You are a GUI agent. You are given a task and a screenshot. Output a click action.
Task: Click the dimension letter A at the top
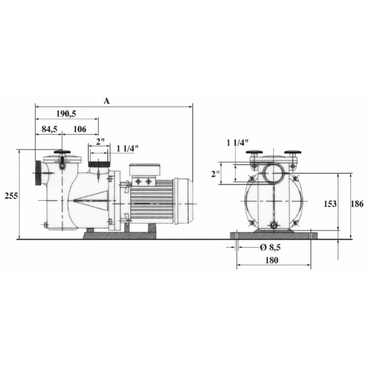pyautogui.click(x=107, y=101)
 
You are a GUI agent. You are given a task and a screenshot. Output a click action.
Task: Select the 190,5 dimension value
pyautogui.click(x=66, y=114)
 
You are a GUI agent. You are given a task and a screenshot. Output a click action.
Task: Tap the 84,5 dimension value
pyautogui.click(x=49, y=129)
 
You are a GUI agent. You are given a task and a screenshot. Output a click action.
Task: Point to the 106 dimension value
pyautogui.click(x=80, y=129)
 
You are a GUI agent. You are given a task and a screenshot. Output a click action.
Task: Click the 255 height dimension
pyautogui.click(x=11, y=196)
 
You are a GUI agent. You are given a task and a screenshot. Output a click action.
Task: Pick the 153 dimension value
pyautogui.click(x=330, y=204)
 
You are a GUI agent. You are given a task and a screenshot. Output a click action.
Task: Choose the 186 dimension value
pyautogui.click(x=357, y=204)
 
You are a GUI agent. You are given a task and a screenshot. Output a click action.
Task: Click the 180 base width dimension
pyautogui.click(x=272, y=260)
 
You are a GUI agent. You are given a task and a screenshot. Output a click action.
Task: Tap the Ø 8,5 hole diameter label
pyautogui.click(x=270, y=247)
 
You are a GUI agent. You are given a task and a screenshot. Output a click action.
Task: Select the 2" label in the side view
pyautogui.click(x=100, y=141)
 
